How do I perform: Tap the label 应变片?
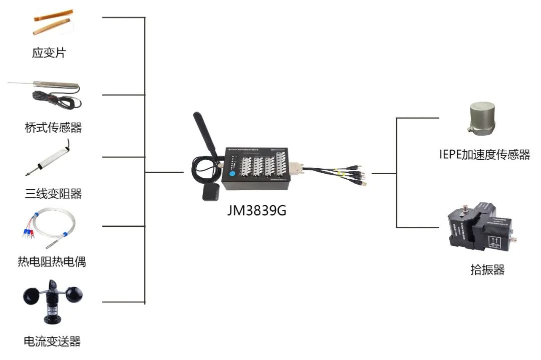click(x=49, y=53)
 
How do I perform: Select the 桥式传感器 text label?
click(x=53, y=128)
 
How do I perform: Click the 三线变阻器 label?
click(x=53, y=193)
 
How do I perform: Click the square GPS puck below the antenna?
click(x=210, y=193)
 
